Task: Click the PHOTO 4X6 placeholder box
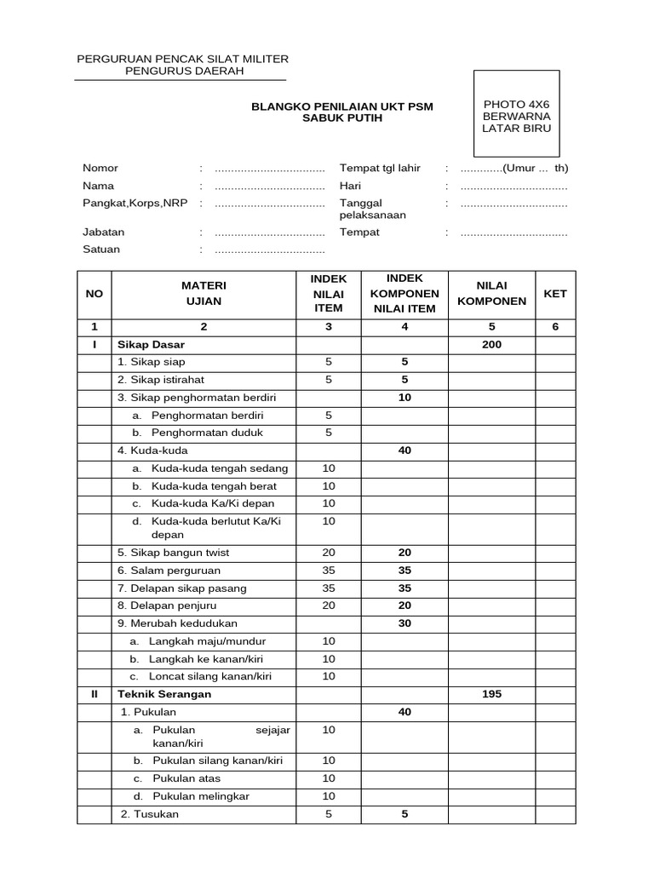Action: click(517, 116)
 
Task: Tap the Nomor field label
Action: click(100, 168)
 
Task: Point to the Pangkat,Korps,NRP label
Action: click(135, 203)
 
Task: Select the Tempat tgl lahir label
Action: click(380, 168)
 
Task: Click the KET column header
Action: click(555, 293)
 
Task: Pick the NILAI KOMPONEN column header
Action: click(491, 293)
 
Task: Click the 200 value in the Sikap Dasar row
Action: click(491, 345)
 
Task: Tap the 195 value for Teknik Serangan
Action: click(491, 694)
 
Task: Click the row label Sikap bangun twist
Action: click(174, 552)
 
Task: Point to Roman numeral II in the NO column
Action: click(95, 694)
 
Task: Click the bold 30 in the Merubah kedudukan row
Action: click(404, 622)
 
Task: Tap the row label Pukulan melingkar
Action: click(201, 796)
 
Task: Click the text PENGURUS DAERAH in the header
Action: click(184, 71)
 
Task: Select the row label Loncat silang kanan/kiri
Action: click(209, 676)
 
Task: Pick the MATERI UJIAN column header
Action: click(203, 293)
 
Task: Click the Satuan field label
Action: click(101, 250)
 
